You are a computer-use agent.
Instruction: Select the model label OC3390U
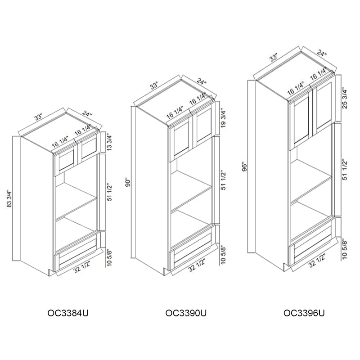pyautogui.click(x=186, y=313)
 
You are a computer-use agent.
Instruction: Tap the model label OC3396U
pyautogui.click(x=304, y=313)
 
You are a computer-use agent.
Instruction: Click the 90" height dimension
pyautogui.click(x=128, y=183)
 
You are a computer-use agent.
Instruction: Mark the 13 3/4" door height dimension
pyautogui.click(x=109, y=142)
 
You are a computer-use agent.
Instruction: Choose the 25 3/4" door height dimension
pyautogui.click(x=344, y=99)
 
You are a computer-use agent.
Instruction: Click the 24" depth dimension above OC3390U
pyautogui.click(x=201, y=83)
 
